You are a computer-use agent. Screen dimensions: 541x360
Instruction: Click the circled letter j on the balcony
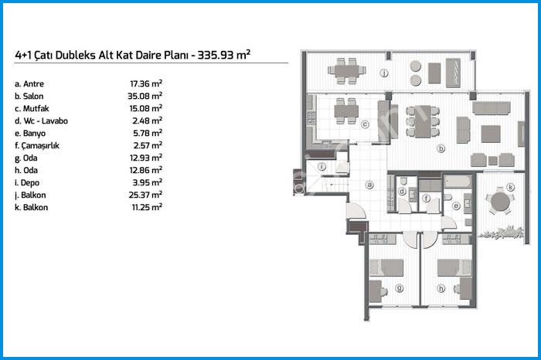pyautogui.click(x=384, y=73)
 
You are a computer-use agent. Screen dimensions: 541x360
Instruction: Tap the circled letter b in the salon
pyautogui.click(x=441, y=148)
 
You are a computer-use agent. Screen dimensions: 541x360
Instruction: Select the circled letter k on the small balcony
pyautogui.click(x=511, y=187)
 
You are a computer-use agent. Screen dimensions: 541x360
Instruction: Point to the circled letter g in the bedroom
pyautogui.click(x=400, y=288)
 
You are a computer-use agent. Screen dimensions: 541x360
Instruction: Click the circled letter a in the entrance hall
pyautogui.click(x=369, y=185)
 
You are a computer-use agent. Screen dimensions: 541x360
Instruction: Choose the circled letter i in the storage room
pyautogui.click(x=322, y=167)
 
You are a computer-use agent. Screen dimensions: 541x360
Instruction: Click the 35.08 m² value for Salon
pyautogui.click(x=145, y=96)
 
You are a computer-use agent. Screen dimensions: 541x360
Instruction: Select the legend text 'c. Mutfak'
pyautogui.click(x=32, y=109)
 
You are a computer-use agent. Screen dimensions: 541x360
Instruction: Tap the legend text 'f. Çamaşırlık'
pyautogui.click(x=37, y=145)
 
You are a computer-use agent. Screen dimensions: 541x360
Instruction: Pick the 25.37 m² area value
pyautogui.click(x=145, y=195)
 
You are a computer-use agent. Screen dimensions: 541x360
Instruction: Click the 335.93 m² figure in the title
pyautogui.click(x=224, y=55)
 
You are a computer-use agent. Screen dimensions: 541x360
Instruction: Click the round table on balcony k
pyautogui.click(x=500, y=202)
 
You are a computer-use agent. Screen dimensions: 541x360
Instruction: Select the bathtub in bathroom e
pyautogui.click(x=458, y=182)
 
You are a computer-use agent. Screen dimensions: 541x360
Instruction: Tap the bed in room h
pyautogui.click(x=454, y=267)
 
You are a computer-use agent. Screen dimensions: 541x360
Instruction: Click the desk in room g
pyautogui.click(x=376, y=291)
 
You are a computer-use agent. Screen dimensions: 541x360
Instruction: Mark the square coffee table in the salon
pyautogui.click(x=491, y=134)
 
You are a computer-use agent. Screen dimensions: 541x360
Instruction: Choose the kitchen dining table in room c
pyautogui.click(x=346, y=111)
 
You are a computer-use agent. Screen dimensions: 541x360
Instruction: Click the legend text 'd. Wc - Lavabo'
pyautogui.click(x=41, y=121)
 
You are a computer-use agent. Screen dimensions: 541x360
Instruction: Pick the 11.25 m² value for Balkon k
pyautogui.click(x=147, y=207)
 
